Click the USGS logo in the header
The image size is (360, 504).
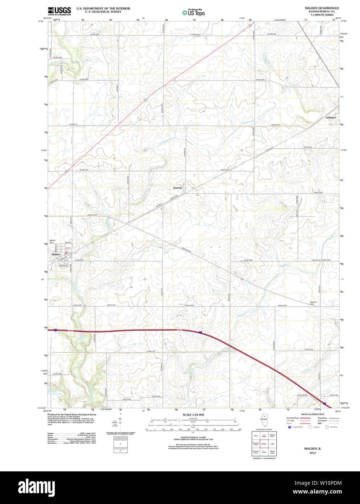point(59,11)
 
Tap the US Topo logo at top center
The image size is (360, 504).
point(193,13)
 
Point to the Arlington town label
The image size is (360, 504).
point(331,117)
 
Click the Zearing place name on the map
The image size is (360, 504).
point(177,188)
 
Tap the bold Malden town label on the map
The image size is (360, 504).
point(56,255)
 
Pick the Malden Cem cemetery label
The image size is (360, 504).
point(53,241)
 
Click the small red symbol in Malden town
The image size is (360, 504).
point(66,253)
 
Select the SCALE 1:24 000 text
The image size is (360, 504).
point(193,414)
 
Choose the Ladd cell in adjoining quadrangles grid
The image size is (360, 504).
point(272,444)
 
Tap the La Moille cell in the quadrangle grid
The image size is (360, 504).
point(264,435)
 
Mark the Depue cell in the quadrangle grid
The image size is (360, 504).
point(264,452)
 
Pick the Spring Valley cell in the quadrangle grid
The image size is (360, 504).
point(272,452)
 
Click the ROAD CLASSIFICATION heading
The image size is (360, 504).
point(312,414)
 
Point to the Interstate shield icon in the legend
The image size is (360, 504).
point(289,427)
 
